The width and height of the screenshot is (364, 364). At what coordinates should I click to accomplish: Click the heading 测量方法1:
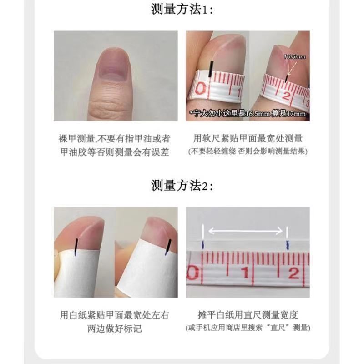point(182,9)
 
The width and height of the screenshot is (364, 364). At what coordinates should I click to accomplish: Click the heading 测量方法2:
point(182,186)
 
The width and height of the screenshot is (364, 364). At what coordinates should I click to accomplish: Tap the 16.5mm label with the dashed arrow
point(294,56)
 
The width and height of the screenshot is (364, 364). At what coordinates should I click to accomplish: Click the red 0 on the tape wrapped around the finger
point(201,89)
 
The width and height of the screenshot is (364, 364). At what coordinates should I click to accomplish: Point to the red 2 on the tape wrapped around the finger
point(287,95)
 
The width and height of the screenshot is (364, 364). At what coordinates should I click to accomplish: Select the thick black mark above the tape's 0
point(211,69)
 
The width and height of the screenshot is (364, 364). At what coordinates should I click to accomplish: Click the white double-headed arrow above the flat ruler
point(245,231)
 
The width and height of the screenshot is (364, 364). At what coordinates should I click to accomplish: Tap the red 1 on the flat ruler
point(245,272)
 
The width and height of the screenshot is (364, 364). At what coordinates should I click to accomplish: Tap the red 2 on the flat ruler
point(294,273)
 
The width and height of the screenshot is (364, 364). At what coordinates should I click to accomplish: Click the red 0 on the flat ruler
point(193,273)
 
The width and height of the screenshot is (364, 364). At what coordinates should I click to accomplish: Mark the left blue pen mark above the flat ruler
point(203,244)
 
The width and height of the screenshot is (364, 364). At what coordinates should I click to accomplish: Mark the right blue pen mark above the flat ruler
point(288,245)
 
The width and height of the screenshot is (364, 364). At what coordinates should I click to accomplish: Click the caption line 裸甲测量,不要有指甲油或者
point(114,139)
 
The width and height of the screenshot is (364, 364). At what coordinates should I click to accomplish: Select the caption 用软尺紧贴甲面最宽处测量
point(248,138)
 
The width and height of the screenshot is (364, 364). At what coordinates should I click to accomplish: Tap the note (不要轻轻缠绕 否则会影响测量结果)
point(248,152)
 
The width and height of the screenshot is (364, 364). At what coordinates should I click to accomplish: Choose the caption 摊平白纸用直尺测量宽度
point(248,315)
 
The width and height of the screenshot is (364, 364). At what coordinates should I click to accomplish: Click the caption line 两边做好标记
point(115,329)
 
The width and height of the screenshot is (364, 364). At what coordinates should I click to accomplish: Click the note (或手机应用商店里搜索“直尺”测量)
point(248,328)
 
